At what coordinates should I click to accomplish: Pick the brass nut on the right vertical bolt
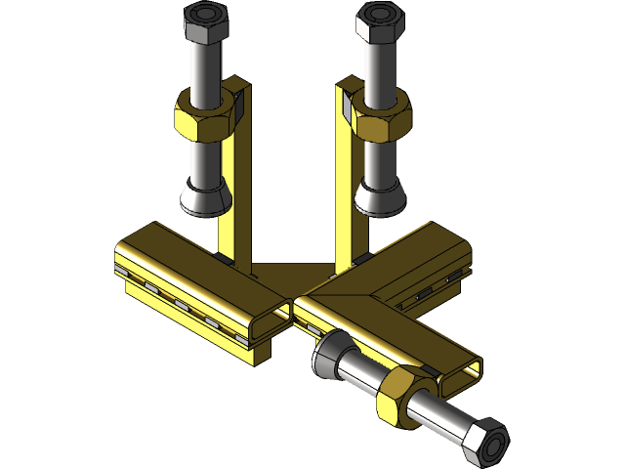click(380, 116)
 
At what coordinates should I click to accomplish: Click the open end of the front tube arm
click(459, 376)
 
